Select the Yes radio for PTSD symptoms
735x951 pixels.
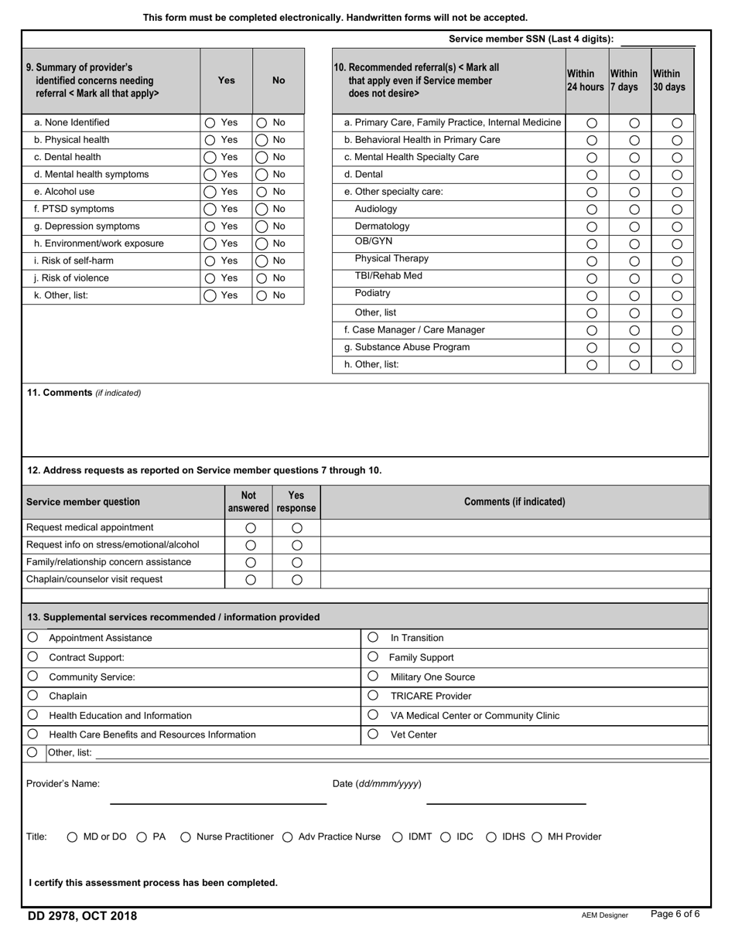[x=210, y=210]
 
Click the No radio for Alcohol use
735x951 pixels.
[x=262, y=192]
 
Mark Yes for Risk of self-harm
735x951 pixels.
[x=210, y=261]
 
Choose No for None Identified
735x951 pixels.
[x=262, y=123]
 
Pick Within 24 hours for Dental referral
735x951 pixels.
[x=592, y=175]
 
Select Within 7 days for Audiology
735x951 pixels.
[x=634, y=210]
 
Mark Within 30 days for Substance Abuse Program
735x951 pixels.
[x=677, y=348]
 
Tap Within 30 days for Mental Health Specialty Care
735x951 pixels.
[x=677, y=158]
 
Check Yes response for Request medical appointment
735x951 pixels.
[x=296, y=528]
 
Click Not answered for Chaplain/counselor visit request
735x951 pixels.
[x=251, y=580]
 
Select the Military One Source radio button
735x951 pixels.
[x=373, y=677]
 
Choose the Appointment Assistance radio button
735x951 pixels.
[x=32, y=638]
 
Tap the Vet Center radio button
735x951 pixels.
[x=373, y=735]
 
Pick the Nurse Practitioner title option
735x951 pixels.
[x=186, y=837]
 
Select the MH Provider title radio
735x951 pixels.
[x=537, y=837]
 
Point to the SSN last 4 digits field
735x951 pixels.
[x=658, y=39]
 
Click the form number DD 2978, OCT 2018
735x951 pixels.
[x=82, y=916]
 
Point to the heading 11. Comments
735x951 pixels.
[x=60, y=393]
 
